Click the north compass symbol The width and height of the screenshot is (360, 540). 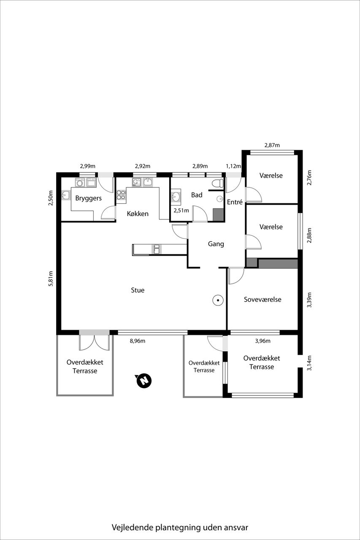(144, 381)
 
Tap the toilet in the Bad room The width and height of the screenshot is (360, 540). (218, 183)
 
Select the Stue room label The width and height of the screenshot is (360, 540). (138, 290)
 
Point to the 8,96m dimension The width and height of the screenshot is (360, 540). (138, 341)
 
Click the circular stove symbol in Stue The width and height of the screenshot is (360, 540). (218, 300)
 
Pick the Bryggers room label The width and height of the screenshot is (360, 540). (89, 198)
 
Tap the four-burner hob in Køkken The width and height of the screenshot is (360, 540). (121, 195)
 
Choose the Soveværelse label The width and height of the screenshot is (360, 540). (263, 300)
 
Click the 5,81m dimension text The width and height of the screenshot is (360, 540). (51, 279)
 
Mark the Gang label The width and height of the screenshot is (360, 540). (216, 244)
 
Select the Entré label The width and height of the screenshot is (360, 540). (235, 202)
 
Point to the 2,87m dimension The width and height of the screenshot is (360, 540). (272, 145)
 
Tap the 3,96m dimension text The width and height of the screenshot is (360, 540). (263, 341)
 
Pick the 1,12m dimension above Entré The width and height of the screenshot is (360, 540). (233, 166)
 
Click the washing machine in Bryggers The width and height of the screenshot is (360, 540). (80, 183)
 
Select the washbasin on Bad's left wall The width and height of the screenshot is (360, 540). (176, 197)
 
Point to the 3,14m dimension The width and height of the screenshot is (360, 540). (309, 363)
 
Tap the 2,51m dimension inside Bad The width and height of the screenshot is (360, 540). (181, 211)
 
